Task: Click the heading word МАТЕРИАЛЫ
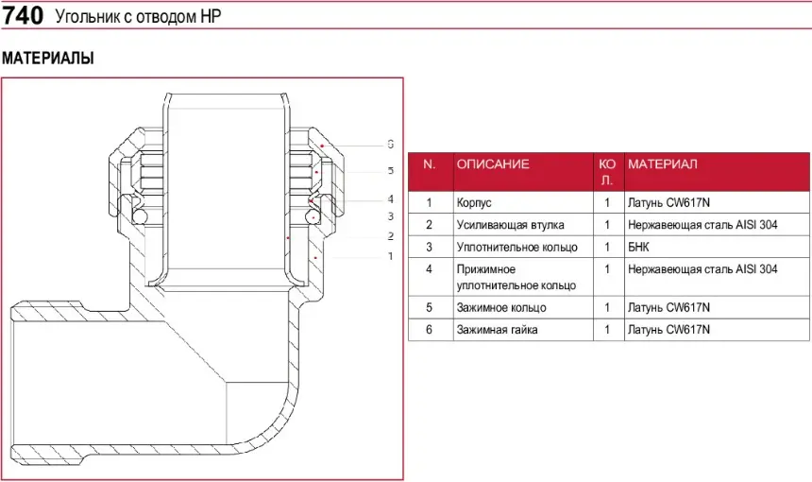pos(48,59)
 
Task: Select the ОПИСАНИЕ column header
pos(493,164)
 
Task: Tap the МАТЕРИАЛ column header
pos(662,164)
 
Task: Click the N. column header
pos(430,164)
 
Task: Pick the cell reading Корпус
pos(474,202)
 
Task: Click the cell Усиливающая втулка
pos(510,225)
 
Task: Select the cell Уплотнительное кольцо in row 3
pos(516,248)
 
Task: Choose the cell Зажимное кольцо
pos(501,307)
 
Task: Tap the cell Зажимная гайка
pos(498,330)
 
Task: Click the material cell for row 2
pos(702,225)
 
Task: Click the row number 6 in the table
pos(429,330)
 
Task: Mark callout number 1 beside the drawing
pos(390,256)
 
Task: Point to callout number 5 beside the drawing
pos(390,171)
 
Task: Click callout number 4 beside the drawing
pos(390,199)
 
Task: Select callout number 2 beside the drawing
pos(390,235)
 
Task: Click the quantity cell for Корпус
pos(607,202)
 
